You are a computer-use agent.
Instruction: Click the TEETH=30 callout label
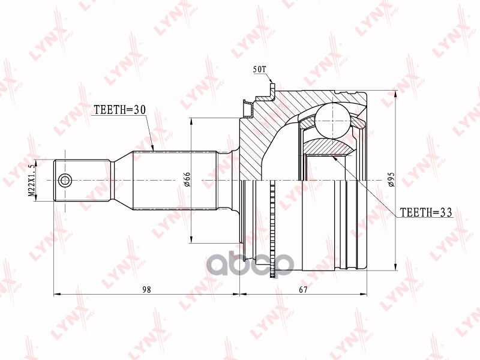(119, 110)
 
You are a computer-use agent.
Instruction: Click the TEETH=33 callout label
(426, 212)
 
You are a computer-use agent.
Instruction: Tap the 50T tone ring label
(260, 70)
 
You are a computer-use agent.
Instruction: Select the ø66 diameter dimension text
(187, 179)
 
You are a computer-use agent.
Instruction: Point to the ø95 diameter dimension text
(391, 179)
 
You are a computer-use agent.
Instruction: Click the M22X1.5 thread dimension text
(32, 180)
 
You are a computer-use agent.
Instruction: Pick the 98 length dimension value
(146, 289)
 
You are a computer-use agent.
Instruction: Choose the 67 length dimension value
(303, 289)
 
